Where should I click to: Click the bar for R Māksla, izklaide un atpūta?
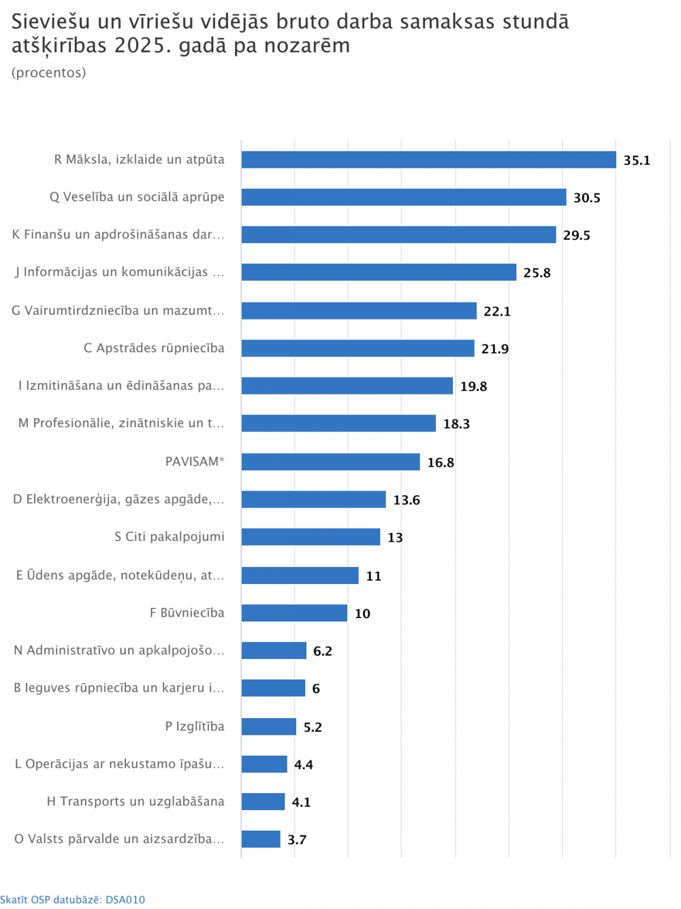pyautogui.click(x=428, y=159)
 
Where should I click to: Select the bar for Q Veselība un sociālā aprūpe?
pyautogui.click(x=403, y=197)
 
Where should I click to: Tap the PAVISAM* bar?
pyautogui.click(x=330, y=461)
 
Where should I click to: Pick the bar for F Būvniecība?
pyautogui.click(x=294, y=613)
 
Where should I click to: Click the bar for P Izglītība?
pyautogui.click(x=269, y=726)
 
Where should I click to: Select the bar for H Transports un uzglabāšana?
pyautogui.click(x=263, y=801)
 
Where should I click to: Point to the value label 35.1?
pyautogui.click(x=637, y=160)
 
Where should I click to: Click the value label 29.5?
pyautogui.click(x=576, y=235)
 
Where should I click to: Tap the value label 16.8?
pyautogui.click(x=441, y=462)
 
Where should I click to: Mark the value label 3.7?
pyautogui.click(x=297, y=839)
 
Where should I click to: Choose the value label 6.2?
pyautogui.click(x=322, y=651)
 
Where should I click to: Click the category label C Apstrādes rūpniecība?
pyautogui.click(x=154, y=348)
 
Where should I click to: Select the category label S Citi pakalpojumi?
pyautogui.click(x=170, y=536)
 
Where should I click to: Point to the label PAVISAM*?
pyautogui.click(x=195, y=461)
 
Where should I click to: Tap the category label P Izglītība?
pyautogui.click(x=195, y=726)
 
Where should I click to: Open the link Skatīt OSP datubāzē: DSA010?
pyautogui.click(x=73, y=899)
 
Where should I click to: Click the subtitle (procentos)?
pyautogui.click(x=49, y=73)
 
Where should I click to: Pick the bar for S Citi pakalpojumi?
pyautogui.click(x=311, y=536)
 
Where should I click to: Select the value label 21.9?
pyautogui.click(x=495, y=349)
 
